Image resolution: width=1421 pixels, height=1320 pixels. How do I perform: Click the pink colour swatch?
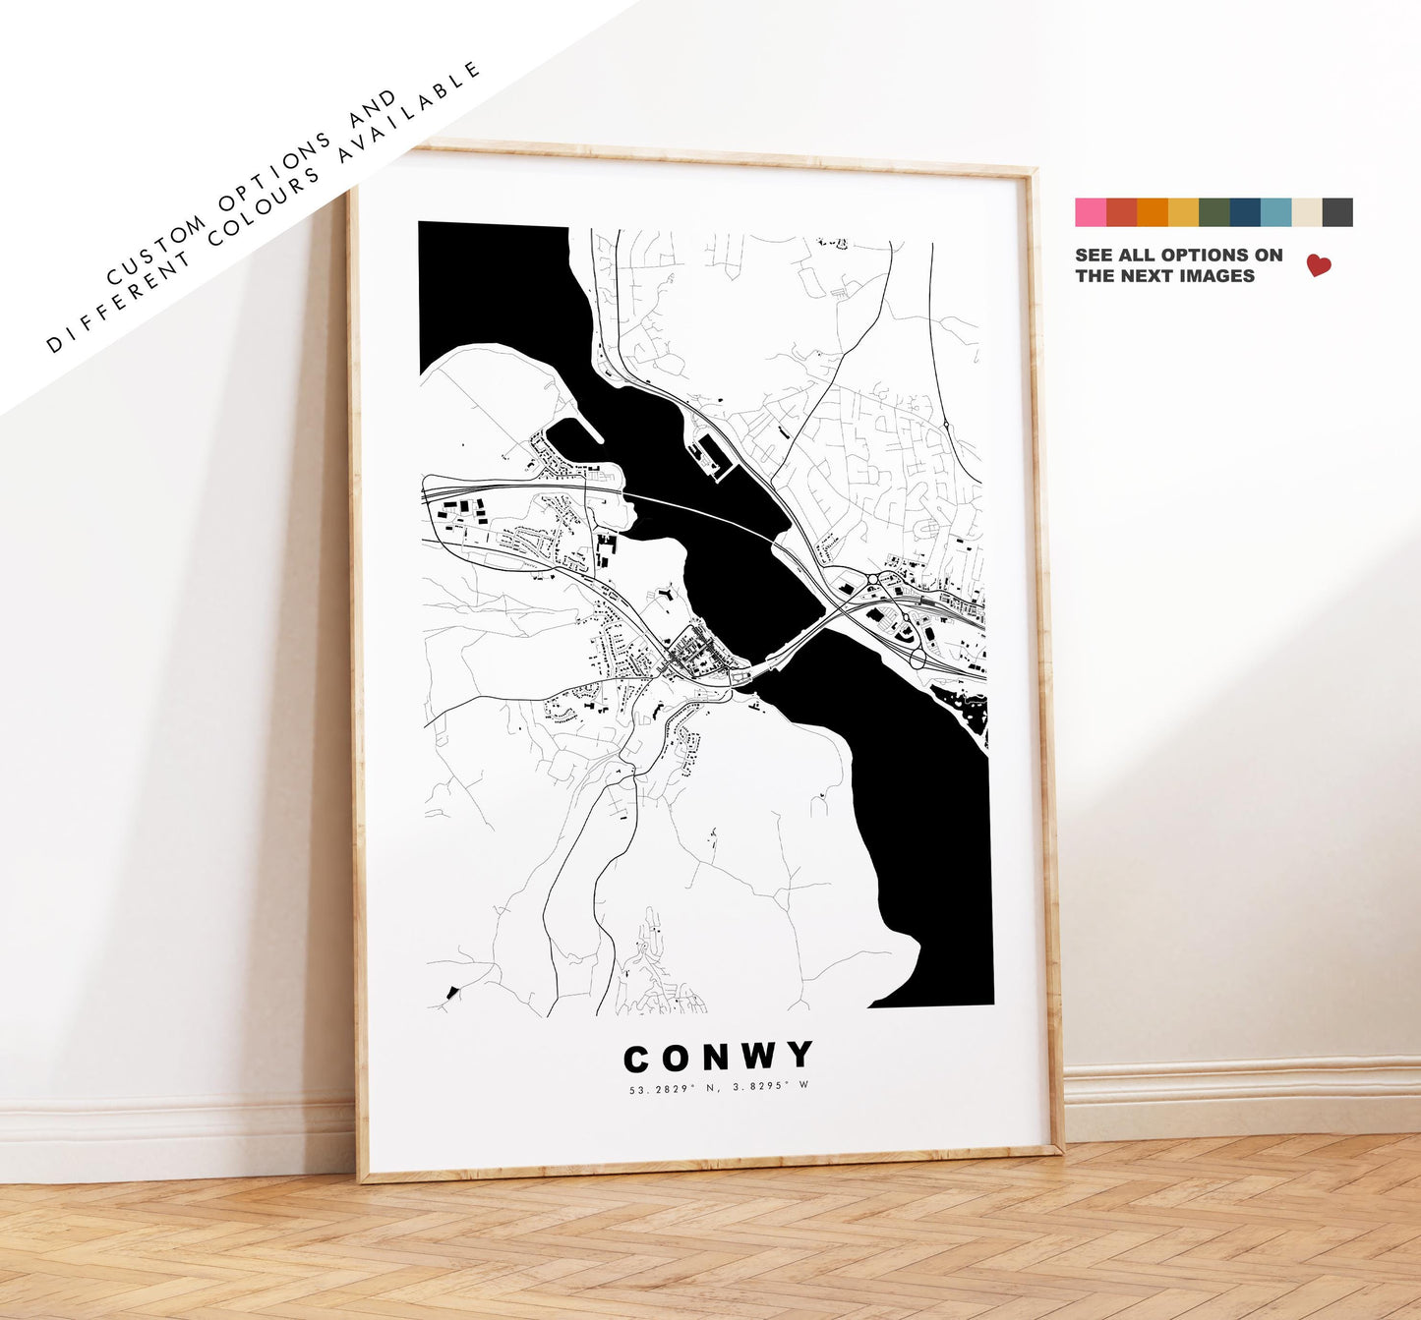[x=1090, y=212]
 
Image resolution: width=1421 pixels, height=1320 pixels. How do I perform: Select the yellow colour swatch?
[x=1183, y=212]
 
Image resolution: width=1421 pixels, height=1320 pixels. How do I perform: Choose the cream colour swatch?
[x=1307, y=212]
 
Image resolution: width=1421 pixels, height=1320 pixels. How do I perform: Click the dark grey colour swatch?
[x=1337, y=212]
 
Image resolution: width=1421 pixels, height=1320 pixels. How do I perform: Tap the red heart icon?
[x=1319, y=265]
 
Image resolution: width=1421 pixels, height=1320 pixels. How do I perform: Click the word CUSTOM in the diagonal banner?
[x=158, y=250]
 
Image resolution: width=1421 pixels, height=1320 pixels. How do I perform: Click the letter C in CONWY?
[x=636, y=1059]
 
